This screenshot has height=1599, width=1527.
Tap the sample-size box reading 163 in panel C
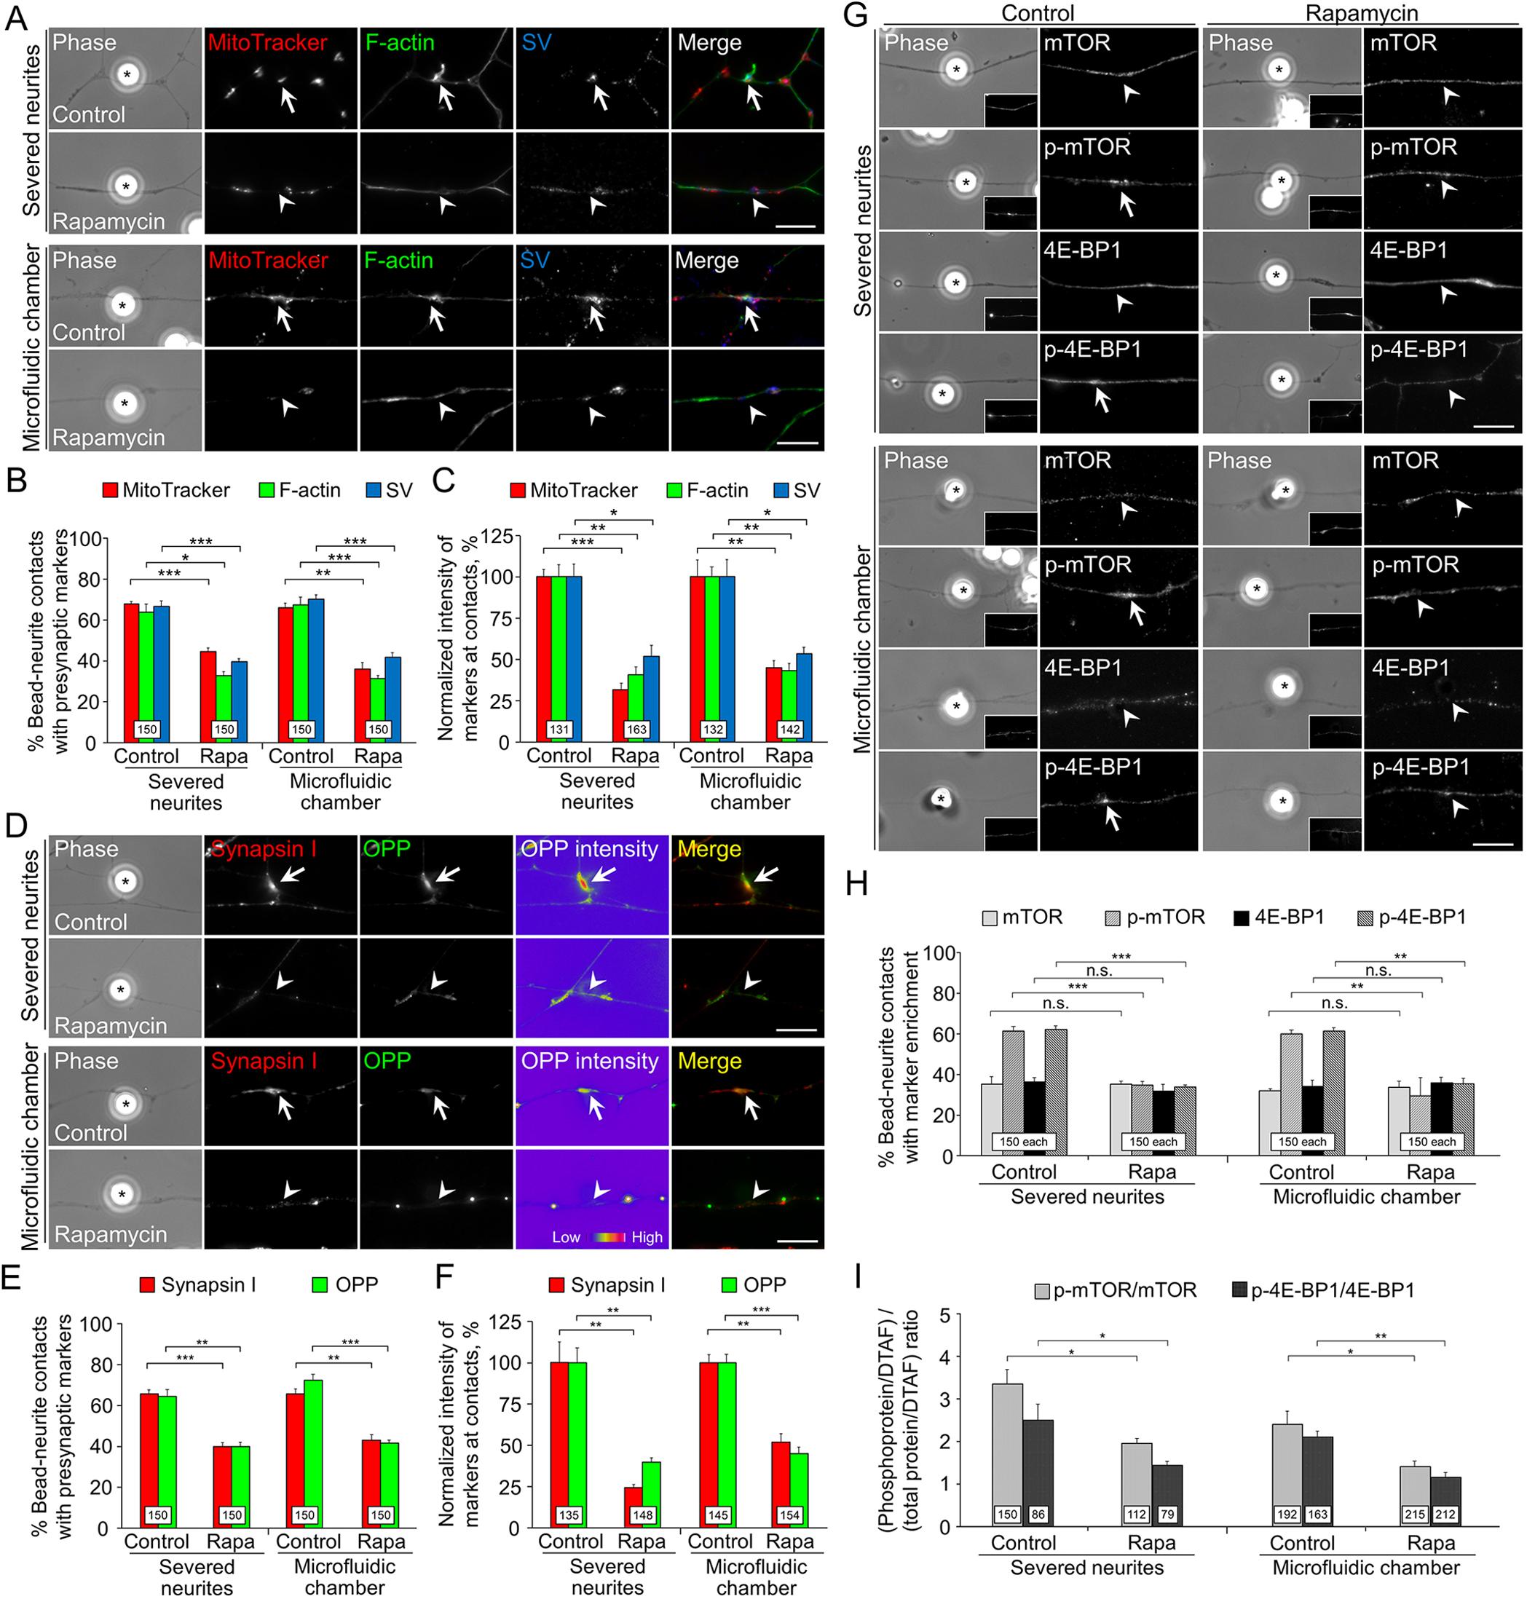pyautogui.click(x=636, y=729)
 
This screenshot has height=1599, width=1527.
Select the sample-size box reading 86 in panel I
pyautogui.click(x=1038, y=1515)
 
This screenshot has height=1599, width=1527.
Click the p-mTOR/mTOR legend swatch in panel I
pyautogui.click(x=1042, y=1290)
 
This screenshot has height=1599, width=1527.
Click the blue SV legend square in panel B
pyautogui.click(x=374, y=491)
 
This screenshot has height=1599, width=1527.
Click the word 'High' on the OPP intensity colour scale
pyautogui.click(x=647, y=1237)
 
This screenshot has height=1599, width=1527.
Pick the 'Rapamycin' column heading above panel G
pyautogui.click(x=1361, y=13)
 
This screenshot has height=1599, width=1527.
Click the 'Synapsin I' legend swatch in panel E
pyautogui.click(x=147, y=1285)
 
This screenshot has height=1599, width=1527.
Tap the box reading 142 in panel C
pyautogui.click(x=789, y=729)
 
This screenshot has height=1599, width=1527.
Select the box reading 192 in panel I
pyautogui.click(x=1287, y=1515)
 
